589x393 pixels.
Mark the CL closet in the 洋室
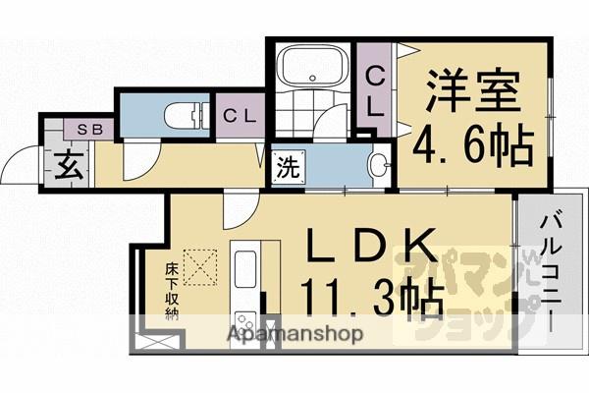click(x=376, y=87)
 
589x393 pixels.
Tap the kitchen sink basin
click(x=244, y=267)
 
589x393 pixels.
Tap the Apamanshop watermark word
click(x=296, y=334)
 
